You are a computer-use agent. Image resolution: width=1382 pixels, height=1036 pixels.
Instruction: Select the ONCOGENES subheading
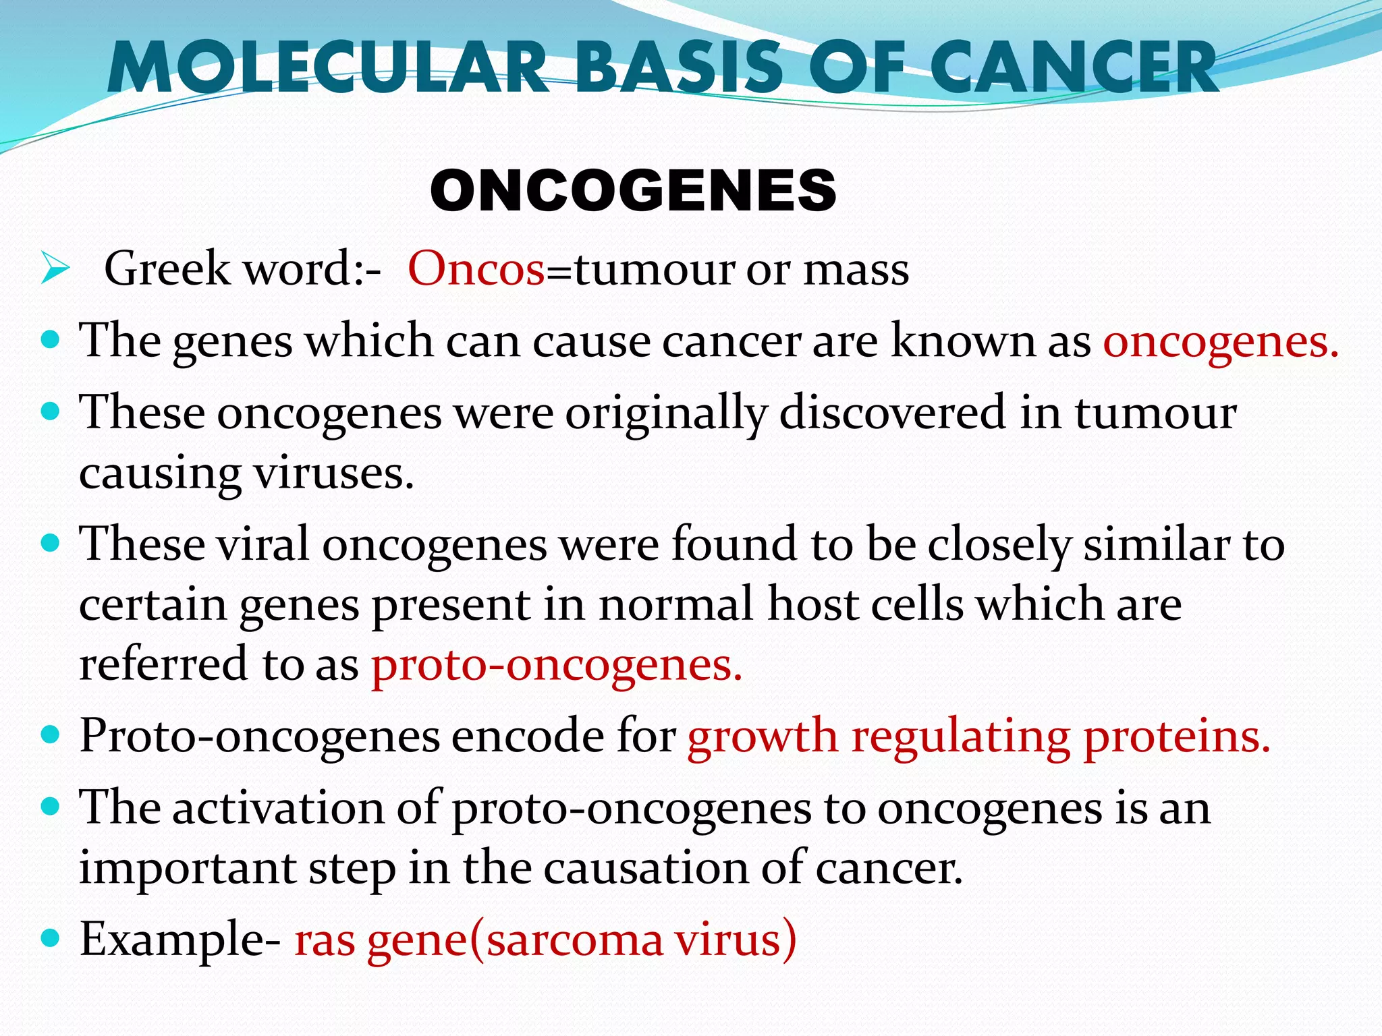click(633, 191)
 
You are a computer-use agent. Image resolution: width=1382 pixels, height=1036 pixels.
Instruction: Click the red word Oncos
click(476, 269)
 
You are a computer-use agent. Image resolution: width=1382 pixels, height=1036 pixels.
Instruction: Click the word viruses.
click(333, 473)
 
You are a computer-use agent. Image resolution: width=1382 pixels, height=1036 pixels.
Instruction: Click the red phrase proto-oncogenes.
click(557, 665)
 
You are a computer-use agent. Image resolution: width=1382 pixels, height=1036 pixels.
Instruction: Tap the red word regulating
click(960, 737)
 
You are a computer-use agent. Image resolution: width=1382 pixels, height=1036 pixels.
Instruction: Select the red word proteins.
click(1177, 737)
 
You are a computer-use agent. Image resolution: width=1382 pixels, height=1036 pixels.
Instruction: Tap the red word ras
click(325, 940)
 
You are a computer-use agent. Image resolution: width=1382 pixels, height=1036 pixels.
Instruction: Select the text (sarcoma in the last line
click(566, 940)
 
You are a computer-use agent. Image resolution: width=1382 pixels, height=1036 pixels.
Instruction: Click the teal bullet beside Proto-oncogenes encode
click(51, 734)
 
